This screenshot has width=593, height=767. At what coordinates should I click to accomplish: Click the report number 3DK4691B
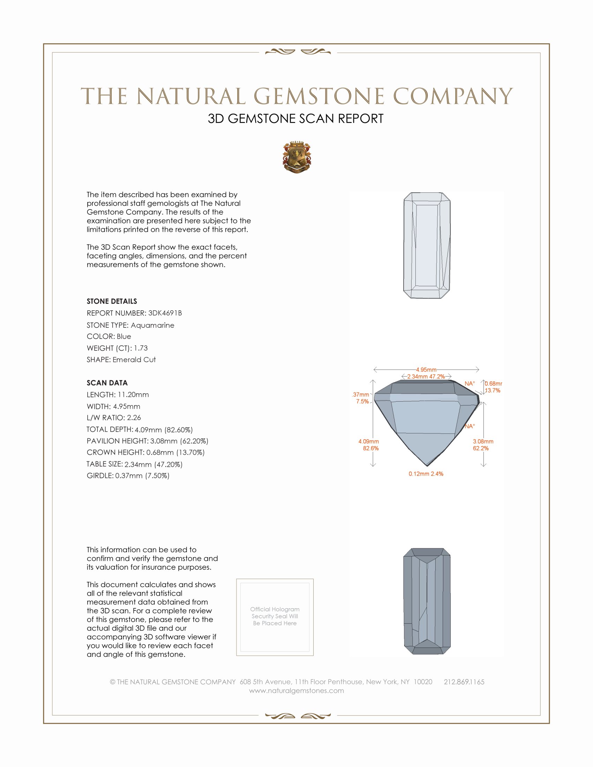[165, 313]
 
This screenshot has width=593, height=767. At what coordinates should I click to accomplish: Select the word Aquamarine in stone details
[152, 325]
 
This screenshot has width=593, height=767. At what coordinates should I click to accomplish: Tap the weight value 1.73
[141, 348]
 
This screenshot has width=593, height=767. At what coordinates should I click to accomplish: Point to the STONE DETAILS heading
[112, 301]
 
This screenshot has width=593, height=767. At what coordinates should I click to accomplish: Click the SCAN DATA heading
[107, 383]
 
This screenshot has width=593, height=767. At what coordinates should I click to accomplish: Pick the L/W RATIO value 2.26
[134, 418]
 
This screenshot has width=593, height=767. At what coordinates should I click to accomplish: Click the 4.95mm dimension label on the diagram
[426, 370]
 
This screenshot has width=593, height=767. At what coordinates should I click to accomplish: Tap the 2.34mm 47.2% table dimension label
[426, 377]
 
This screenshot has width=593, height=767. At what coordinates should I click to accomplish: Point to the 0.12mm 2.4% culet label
[426, 474]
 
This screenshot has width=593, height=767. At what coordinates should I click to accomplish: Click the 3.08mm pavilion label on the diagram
[483, 441]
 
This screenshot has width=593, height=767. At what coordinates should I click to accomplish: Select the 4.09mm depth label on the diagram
[368, 441]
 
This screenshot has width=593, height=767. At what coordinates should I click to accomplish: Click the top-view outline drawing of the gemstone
[427, 245]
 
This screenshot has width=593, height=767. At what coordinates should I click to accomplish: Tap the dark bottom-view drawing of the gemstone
[427, 601]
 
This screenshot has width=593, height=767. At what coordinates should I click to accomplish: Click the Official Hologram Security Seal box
[275, 617]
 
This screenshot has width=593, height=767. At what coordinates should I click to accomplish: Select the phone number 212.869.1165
[464, 682]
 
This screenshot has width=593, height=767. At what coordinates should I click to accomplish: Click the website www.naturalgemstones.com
[296, 690]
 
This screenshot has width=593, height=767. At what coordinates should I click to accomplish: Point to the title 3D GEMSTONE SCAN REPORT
[295, 119]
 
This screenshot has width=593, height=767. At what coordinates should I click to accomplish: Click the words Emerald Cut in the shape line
[134, 360]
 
